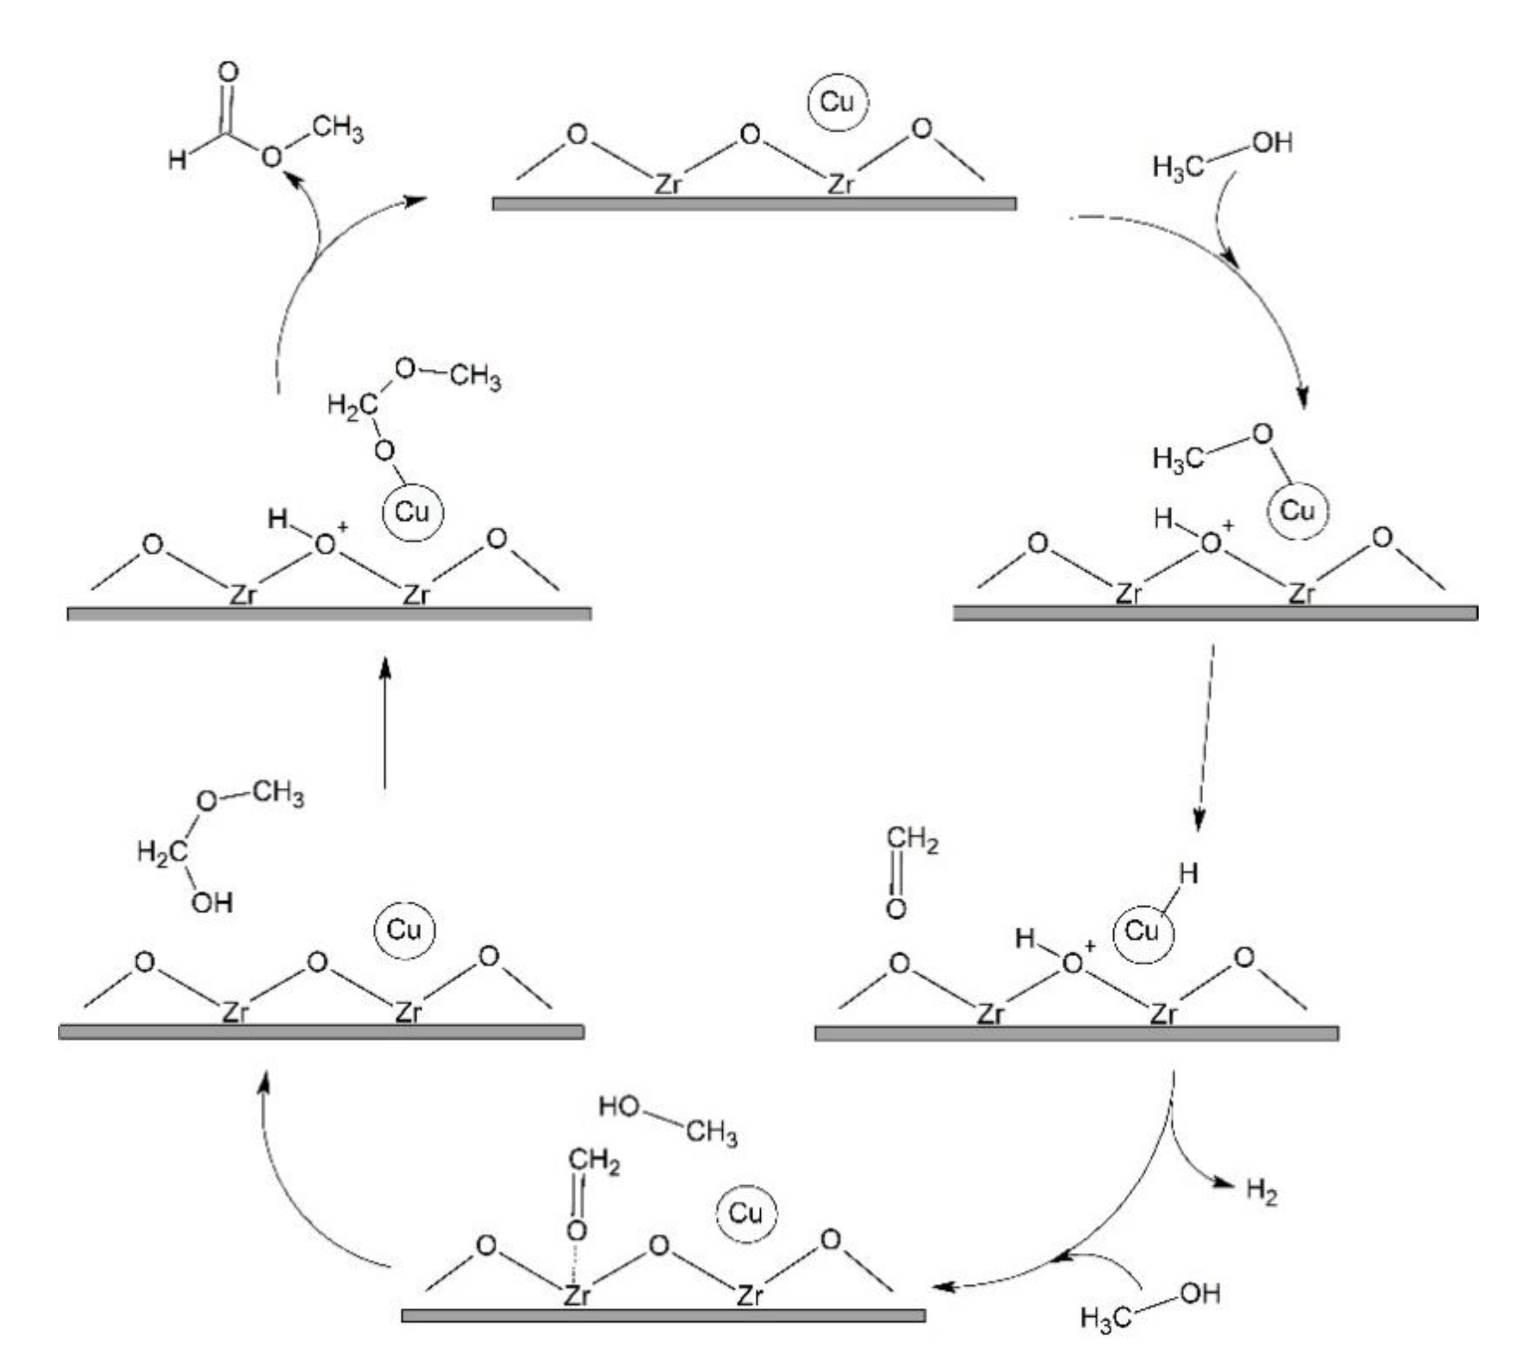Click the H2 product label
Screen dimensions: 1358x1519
coord(1262,1191)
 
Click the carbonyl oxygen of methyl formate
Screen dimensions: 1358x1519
coord(228,73)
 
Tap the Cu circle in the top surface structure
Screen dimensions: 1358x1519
coord(837,102)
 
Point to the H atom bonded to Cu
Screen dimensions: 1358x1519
coord(1188,874)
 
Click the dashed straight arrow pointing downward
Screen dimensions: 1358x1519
coord(1205,739)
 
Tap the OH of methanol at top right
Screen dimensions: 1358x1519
coord(1272,143)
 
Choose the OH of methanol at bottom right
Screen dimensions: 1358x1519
coord(1200,1293)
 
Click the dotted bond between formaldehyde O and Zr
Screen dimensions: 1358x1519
coord(575,1261)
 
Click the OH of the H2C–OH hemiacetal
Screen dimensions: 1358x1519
coord(212,903)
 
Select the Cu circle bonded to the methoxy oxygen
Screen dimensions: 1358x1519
coord(1298,511)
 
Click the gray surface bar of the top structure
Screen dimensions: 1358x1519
coord(754,204)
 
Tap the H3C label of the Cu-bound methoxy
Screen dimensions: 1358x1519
coord(1177,458)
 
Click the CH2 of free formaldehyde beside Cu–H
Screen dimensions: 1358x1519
coord(912,840)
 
